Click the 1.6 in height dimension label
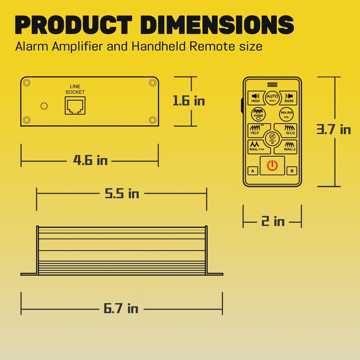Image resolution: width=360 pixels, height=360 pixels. click(189, 101)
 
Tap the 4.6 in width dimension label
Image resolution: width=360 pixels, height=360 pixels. click(90, 160)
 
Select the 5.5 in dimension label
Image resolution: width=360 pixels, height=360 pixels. click(122, 193)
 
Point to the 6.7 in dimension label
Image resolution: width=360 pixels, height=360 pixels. click(121, 308)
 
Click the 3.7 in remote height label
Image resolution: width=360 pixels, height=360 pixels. click(333, 129)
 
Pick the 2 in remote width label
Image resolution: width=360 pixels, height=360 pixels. click(273, 221)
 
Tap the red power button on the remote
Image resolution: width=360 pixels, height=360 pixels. click(272, 166)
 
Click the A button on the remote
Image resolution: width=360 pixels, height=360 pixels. click(253, 171)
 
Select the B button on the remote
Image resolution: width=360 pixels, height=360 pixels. click(292, 171)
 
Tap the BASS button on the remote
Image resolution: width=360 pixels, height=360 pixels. click(288, 98)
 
